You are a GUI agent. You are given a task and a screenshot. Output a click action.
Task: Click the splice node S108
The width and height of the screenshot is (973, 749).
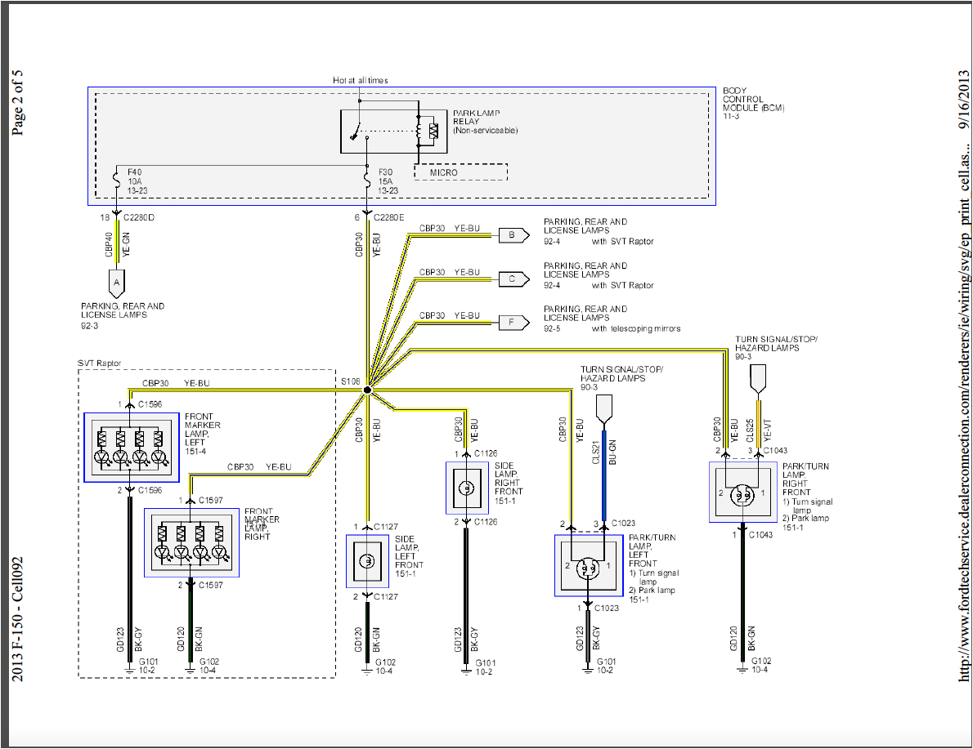(367, 390)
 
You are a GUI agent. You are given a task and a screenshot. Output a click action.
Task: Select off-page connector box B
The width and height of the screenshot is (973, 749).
(512, 235)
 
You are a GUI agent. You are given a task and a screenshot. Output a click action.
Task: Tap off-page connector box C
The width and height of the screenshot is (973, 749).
(512, 279)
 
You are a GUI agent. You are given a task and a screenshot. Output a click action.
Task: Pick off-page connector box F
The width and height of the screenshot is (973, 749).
(512, 322)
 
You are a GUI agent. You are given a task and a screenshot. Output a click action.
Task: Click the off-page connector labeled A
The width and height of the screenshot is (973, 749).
(116, 283)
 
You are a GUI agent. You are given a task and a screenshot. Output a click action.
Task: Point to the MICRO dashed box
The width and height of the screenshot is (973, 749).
(460, 172)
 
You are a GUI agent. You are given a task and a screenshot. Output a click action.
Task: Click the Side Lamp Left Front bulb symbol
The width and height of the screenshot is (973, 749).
(368, 561)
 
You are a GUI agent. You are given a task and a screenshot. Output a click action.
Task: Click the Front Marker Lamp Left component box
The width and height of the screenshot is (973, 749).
(132, 447)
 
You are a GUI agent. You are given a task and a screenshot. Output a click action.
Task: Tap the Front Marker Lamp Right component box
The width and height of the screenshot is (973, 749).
(191, 542)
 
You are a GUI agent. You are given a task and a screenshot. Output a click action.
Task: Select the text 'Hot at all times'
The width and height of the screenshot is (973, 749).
(360, 80)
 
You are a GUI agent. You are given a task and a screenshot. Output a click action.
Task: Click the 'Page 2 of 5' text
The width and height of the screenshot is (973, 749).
(17, 101)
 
